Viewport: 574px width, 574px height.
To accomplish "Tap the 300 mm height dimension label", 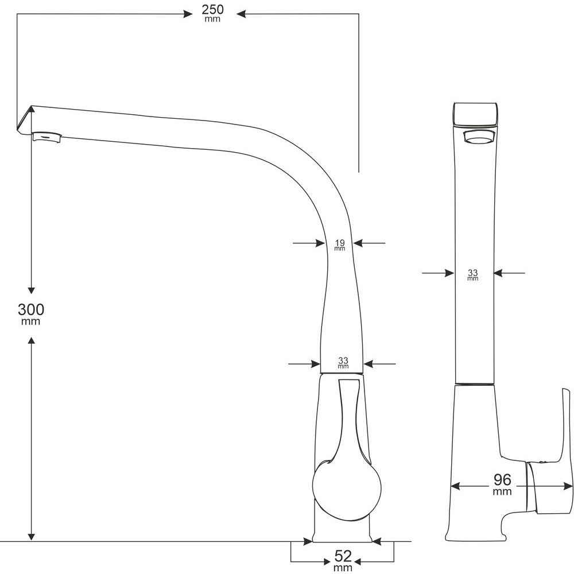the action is [31, 314].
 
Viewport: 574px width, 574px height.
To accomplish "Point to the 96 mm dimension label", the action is [502, 484].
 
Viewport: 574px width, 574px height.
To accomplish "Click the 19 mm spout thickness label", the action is [340, 245].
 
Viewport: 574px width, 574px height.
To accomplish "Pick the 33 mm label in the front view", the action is [472, 274].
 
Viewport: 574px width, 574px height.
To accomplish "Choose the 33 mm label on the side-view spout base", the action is [343, 363].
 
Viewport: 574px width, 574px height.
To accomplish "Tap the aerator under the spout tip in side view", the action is [47, 137].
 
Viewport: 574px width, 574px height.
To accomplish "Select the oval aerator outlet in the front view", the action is [479, 138].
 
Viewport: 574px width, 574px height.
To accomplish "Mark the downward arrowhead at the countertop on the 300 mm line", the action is [32, 536].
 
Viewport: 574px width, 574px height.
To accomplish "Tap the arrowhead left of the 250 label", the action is [188, 14].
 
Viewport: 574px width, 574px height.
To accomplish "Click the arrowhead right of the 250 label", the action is [241, 14].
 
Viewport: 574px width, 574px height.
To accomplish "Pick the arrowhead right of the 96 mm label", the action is [568, 487].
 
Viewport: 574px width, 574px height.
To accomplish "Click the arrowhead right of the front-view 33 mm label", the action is [499, 273].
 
